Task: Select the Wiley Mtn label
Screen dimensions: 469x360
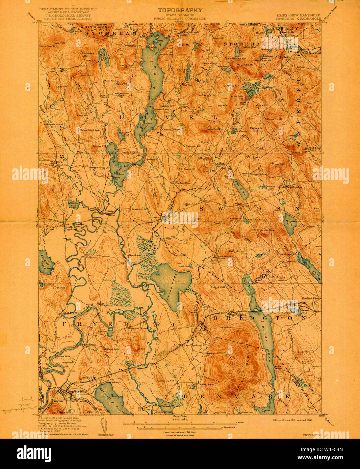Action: coord(82,115)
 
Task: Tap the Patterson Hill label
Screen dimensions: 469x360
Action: coord(256,129)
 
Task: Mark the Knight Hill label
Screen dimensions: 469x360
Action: coord(218,287)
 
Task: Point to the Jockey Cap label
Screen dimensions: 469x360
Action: coord(89,377)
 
